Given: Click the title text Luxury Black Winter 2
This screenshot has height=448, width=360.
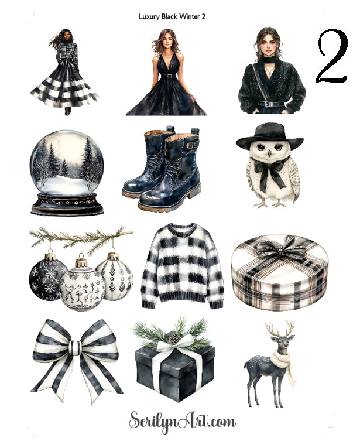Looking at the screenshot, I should [172, 17].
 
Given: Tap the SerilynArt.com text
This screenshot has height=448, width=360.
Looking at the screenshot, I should [183, 420].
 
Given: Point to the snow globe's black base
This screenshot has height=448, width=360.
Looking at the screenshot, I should [63, 204].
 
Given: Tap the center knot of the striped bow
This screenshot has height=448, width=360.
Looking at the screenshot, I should [74, 347].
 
